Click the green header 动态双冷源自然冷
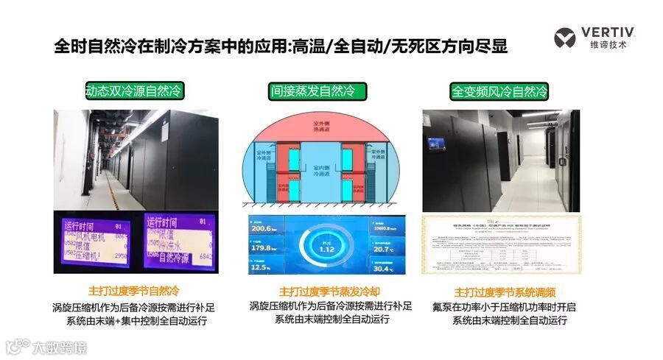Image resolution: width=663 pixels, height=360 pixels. click(133, 91)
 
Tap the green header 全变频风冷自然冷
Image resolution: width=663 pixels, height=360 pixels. click(499, 92)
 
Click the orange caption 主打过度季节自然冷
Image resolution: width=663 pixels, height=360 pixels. click(133, 291)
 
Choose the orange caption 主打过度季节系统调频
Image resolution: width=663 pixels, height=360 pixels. click(499, 291)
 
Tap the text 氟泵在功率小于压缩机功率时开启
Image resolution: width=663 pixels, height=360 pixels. click(499, 306)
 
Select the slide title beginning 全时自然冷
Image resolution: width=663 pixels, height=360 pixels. click(281, 46)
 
